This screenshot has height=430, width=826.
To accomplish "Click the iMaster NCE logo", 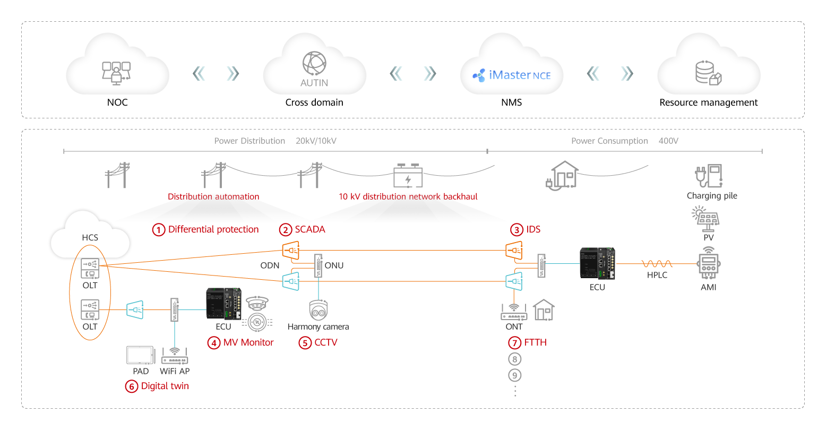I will click(x=511, y=75).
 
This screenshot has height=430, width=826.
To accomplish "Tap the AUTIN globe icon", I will click(x=314, y=63).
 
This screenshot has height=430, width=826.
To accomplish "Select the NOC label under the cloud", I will click(x=117, y=102).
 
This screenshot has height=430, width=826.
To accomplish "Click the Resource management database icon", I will click(x=708, y=73).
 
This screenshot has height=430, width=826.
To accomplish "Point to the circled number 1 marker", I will click(x=159, y=230).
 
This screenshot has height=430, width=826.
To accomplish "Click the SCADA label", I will click(x=310, y=229).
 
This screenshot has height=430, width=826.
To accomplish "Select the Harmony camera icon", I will click(x=318, y=311).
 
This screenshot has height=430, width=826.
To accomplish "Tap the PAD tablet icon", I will click(x=140, y=355).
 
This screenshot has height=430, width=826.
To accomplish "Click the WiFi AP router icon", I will click(x=175, y=356).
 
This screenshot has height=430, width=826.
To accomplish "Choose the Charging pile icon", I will click(x=709, y=176).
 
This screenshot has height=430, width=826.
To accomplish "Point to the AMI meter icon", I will click(x=708, y=263).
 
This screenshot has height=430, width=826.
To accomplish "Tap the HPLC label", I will click(x=657, y=275).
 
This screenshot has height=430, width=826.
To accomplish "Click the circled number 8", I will click(x=514, y=359).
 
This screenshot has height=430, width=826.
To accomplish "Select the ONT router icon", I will click(x=513, y=312).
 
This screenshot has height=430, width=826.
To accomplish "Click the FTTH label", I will click(x=535, y=342).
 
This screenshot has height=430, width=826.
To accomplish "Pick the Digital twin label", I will click(x=165, y=386).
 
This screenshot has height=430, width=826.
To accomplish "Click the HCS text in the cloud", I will click(x=90, y=237).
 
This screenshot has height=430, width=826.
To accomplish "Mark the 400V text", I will click(x=668, y=141).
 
